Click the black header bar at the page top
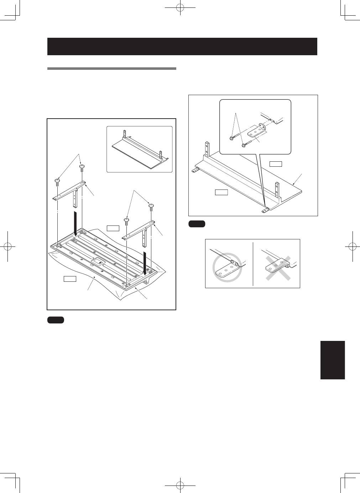coord(182,46)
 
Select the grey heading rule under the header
coord(111,68)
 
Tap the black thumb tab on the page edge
coord(333,360)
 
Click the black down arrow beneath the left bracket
coord(75,223)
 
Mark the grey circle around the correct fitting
coord(227,268)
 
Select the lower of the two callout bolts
coord(244,145)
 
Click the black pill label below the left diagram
coord(55,320)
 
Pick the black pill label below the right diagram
coord(197,224)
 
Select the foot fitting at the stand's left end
coord(195,170)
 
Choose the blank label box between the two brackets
coord(113,228)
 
